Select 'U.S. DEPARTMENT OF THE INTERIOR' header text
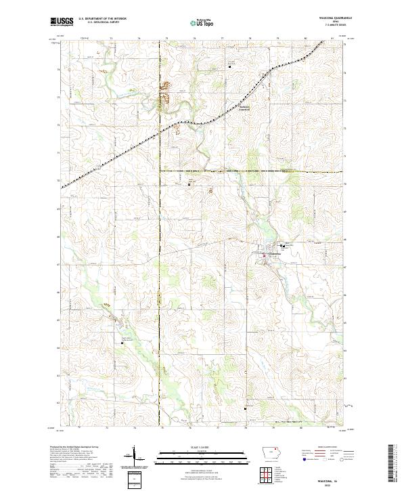coord(101,19)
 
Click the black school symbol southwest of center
coord(122,343)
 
